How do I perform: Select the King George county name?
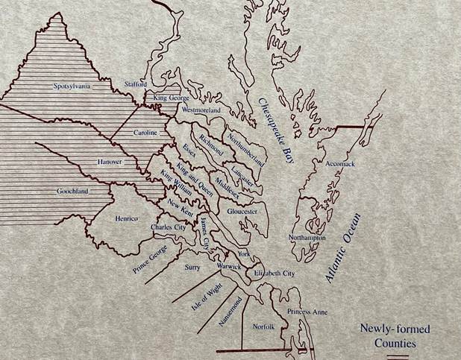click(x=172, y=98)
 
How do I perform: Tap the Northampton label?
click(x=310, y=237)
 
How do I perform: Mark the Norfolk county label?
click(x=264, y=326)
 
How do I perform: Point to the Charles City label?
click(x=168, y=227)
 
